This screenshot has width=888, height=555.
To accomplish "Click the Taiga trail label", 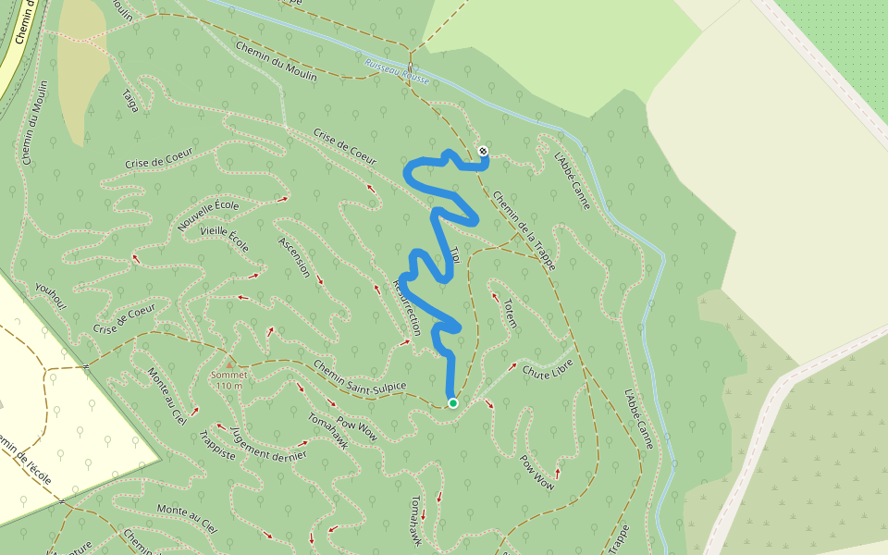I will (x=130, y=100).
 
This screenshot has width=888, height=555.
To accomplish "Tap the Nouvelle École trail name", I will (x=208, y=216).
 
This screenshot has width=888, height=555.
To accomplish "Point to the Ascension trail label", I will (x=294, y=256).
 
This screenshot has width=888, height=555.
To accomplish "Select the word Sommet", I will (x=228, y=375).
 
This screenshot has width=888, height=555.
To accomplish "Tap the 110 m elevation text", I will (x=228, y=386).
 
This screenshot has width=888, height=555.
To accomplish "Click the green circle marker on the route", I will (x=452, y=402).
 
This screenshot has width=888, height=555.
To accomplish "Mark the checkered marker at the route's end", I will (x=483, y=151).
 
